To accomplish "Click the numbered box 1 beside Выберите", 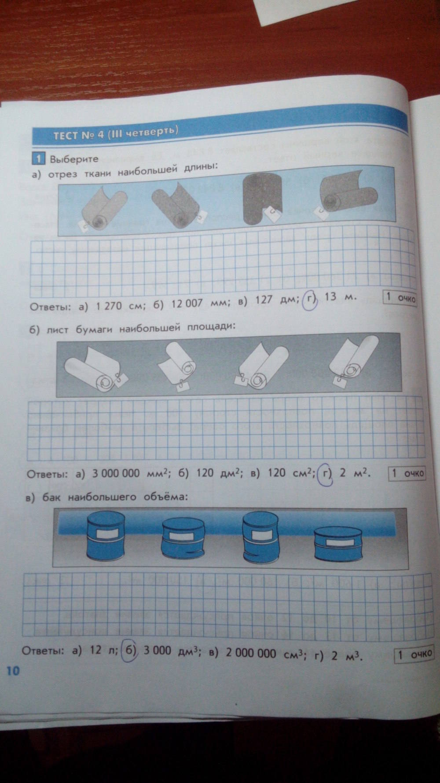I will tap(38, 159).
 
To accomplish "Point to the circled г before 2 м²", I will tap(326, 473).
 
